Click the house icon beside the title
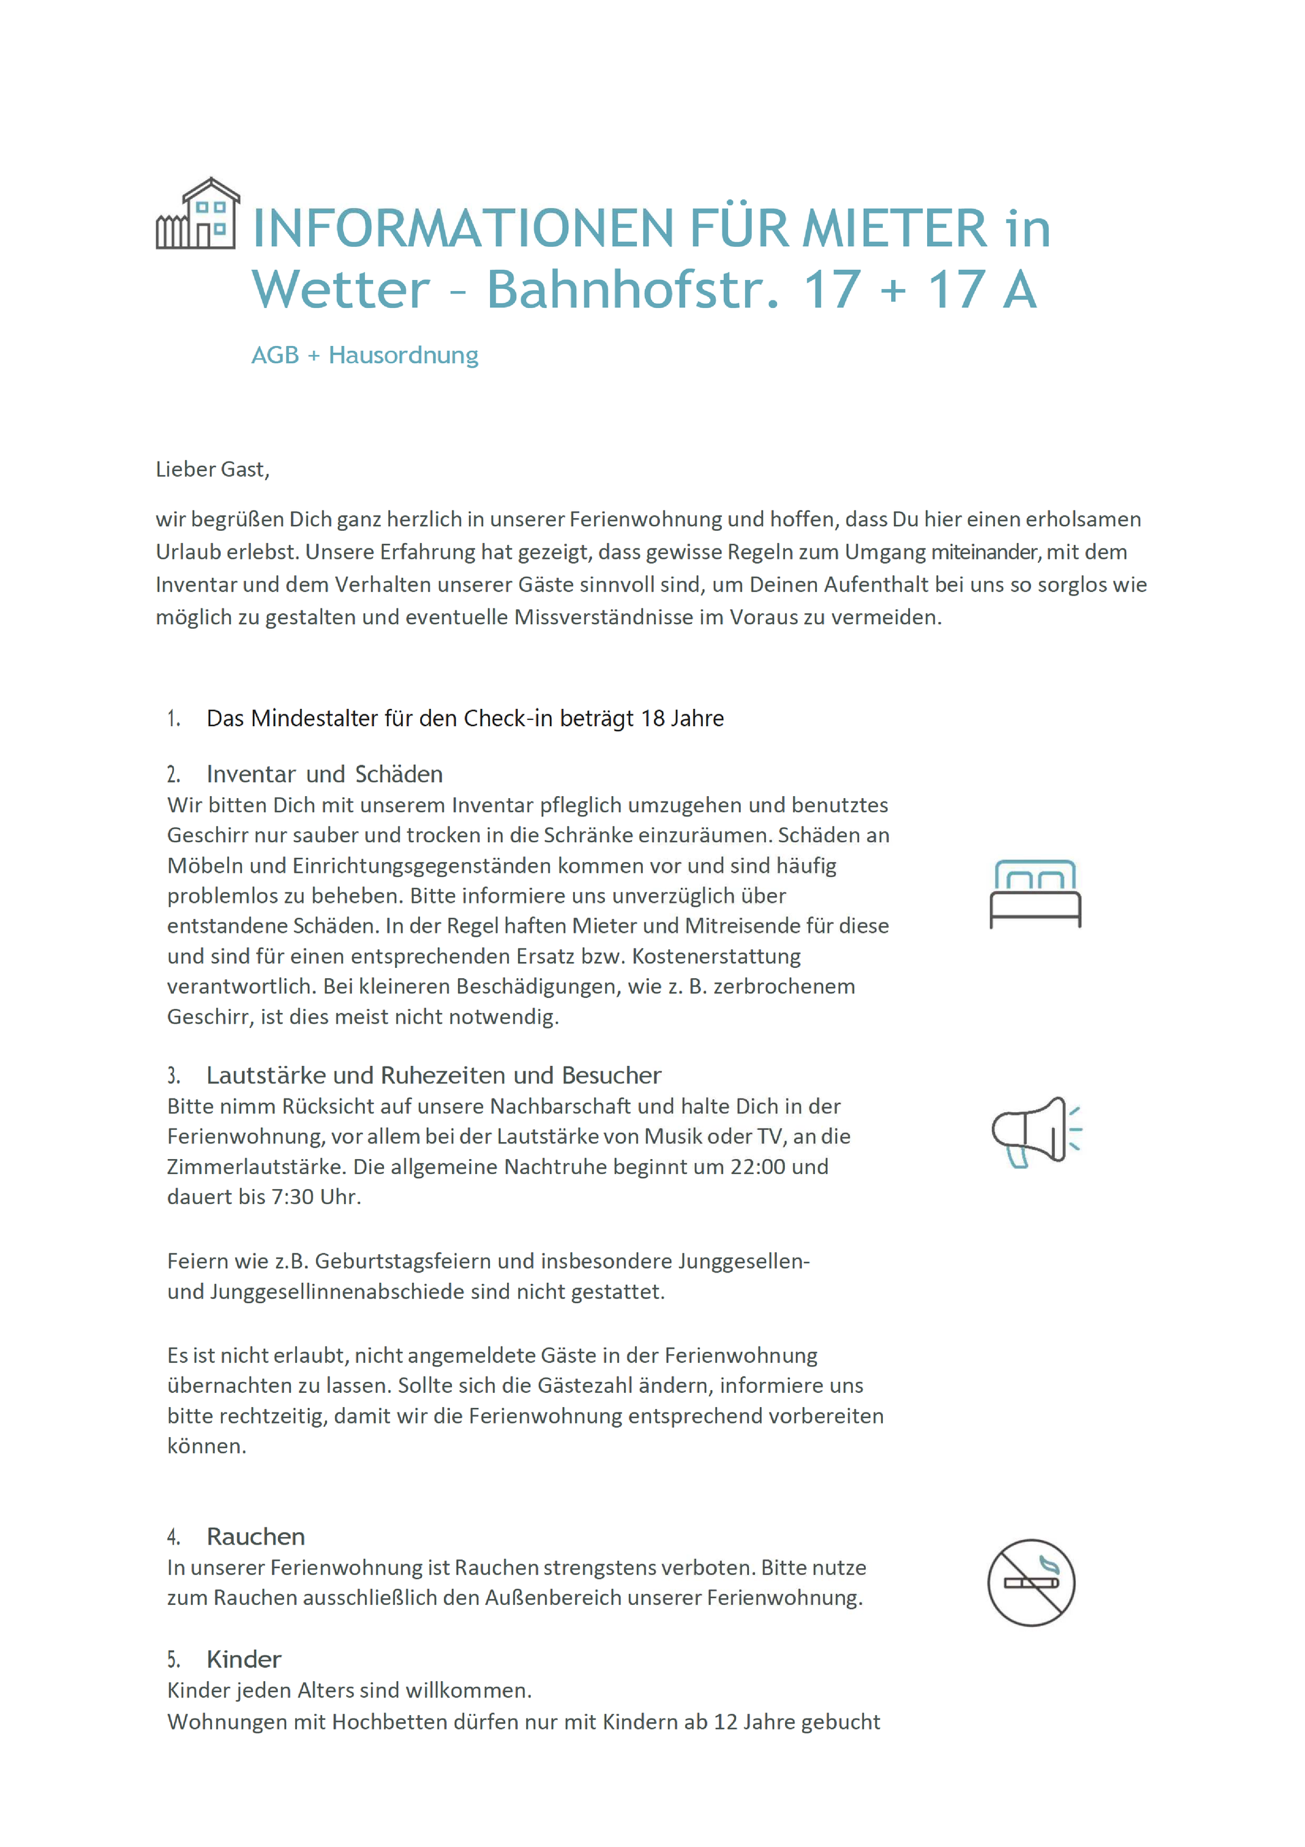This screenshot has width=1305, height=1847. [x=198, y=214]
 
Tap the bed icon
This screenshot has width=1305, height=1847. [x=1034, y=894]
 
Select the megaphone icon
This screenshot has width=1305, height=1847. [x=1034, y=1132]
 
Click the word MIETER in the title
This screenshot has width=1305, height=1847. [x=894, y=228]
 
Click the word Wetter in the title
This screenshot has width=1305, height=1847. [x=341, y=290]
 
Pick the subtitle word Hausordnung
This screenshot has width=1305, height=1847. [x=403, y=356]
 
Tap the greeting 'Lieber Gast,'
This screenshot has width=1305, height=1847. [x=213, y=470]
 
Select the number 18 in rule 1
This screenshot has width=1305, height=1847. [x=652, y=719]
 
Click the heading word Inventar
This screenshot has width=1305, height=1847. [x=251, y=775]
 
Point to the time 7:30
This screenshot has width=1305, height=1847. [x=292, y=1197]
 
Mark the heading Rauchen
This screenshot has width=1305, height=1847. [x=256, y=1537]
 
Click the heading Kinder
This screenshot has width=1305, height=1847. [x=244, y=1659]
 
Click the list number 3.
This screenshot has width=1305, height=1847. [x=173, y=1076]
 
